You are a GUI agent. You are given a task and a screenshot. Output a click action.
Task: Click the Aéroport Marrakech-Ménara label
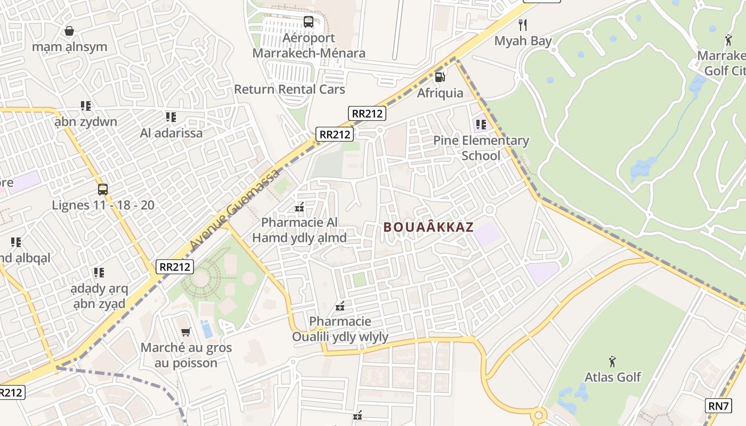pyautogui.click(x=309, y=45)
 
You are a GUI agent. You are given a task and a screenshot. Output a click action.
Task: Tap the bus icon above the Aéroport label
pyautogui.click(x=309, y=22)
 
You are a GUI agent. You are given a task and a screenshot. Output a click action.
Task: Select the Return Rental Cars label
pyautogui.click(x=289, y=89)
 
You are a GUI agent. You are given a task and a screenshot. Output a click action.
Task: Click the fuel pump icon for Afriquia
pyautogui.click(x=440, y=77)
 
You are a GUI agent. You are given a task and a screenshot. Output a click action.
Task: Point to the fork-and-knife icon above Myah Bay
pyautogui.click(x=523, y=24)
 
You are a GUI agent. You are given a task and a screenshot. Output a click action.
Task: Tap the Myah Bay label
pyautogui.click(x=523, y=40)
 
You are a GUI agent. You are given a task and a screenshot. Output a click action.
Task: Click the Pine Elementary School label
pyautogui.click(x=481, y=148)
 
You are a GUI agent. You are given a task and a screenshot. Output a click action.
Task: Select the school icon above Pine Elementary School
pyautogui.click(x=481, y=125)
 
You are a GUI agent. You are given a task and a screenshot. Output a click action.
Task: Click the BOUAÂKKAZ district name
pyautogui.click(x=428, y=227)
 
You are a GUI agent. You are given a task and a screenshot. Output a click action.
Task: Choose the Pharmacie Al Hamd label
pyautogui.click(x=299, y=230)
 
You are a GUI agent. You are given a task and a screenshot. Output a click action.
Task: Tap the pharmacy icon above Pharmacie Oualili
pyautogui.click(x=340, y=306)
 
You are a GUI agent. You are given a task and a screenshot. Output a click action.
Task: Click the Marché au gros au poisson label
pyautogui.click(x=186, y=355)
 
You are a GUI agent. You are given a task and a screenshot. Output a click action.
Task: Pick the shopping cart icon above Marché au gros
pyautogui.click(x=186, y=332)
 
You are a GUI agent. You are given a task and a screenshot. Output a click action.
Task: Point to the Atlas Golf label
pyautogui.click(x=612, y=377)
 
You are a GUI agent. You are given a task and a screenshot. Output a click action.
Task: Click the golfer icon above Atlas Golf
pyautogui.click(x=612, y=362)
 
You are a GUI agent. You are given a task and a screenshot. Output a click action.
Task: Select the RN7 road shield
pyautogui.click(x=718, y=406)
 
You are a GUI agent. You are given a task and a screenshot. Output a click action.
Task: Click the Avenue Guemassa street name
pyautogui.click(x=234, y=209)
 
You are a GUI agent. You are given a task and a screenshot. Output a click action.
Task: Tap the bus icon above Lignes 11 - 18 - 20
pyautogui.click(x=103, y=190)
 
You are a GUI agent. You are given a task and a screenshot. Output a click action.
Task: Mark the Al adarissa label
pyautogui.click(x=171, y=133)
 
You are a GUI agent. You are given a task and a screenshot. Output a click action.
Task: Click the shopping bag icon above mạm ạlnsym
pyautogui.click(x=69, y=31)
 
